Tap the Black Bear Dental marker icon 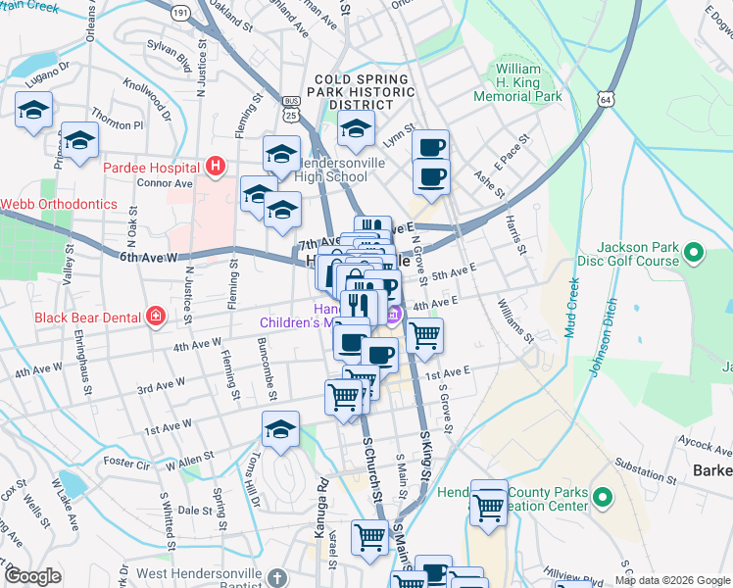(x=155, y=316)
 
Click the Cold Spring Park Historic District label (x=360, y=90)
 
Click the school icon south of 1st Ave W (x=280, y=430)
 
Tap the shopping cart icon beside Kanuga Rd (x=368, y=536)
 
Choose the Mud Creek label (x=571, y=308)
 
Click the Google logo (x=32, y=576)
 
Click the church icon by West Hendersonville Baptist (x=277, y=577)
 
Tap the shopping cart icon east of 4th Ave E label (x=423, y=335)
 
